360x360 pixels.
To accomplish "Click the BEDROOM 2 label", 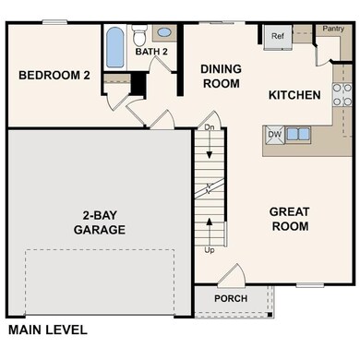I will (x=53, y=77).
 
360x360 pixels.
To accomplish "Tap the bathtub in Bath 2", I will (x=115, y=47).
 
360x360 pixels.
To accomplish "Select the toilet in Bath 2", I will (x=139, y=37).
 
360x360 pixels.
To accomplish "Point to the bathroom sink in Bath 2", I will (x=164, y=32).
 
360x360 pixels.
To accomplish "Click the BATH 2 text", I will (x=150, y=52).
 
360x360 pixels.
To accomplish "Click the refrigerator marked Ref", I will (x=276, y=37).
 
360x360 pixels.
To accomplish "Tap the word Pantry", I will (x=332, y=29).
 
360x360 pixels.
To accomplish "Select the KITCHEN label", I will (x=294, y=95).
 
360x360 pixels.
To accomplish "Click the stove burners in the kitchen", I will (x=341, y=93).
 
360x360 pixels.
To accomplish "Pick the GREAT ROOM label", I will (x=289, y=219).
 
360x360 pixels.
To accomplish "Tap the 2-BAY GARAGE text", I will (x=100, y=222).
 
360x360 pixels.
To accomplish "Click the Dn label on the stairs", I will (x=210, y=127).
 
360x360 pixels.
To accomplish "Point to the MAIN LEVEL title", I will (x=47, y=330).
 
